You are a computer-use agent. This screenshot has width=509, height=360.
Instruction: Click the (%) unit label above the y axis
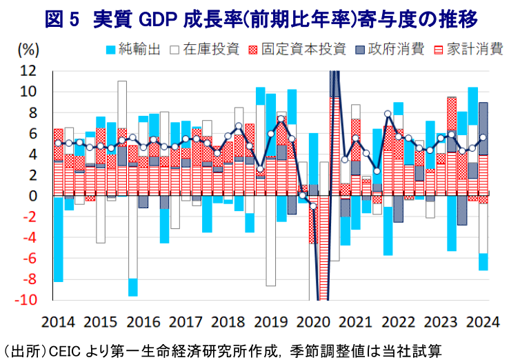28,49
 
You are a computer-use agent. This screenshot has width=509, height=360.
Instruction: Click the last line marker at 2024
483,137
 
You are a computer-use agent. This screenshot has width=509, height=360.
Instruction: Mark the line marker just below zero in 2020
313,206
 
